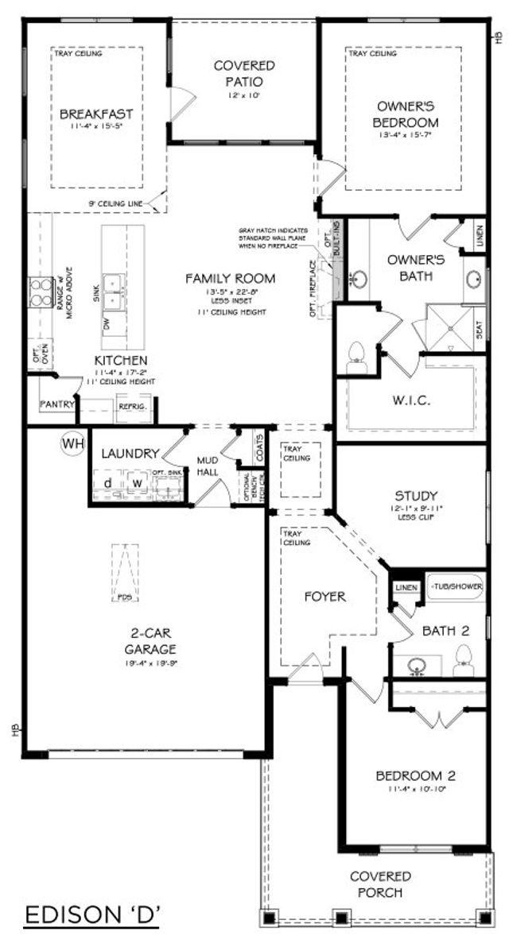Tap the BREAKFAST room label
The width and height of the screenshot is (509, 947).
click(96, 114)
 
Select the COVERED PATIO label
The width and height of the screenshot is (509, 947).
click(244, 73)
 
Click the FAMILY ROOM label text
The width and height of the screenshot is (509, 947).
click(231, 278)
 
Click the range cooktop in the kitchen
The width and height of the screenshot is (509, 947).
click(39, 292)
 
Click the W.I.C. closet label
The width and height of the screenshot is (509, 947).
click(410, 400)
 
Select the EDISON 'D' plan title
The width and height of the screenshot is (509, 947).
click(92, 916)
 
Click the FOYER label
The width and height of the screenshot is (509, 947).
click(325, 596)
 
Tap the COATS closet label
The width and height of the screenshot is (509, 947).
click(260, 450)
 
